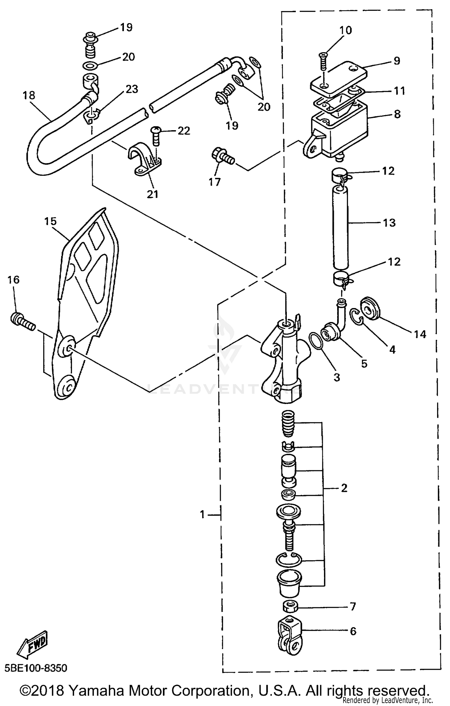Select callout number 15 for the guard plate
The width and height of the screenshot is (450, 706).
click(50, 221)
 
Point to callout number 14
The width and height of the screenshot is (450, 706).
click(420, 334)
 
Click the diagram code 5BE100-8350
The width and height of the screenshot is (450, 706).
click(36, 668)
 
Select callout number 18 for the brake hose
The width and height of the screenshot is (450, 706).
click(29, 95)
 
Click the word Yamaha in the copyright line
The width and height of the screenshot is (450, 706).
click(96, 688)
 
